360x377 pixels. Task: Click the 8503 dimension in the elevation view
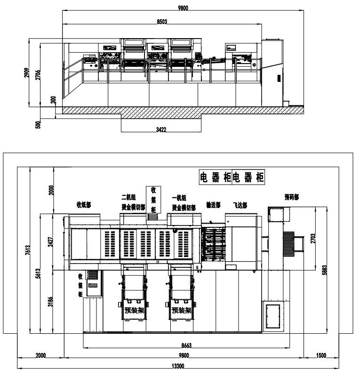tap(163, 21)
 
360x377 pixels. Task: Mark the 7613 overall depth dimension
tap(28, 250)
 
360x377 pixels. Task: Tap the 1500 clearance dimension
tap(321, 356)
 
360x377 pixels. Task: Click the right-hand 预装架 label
tap(181, 310)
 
